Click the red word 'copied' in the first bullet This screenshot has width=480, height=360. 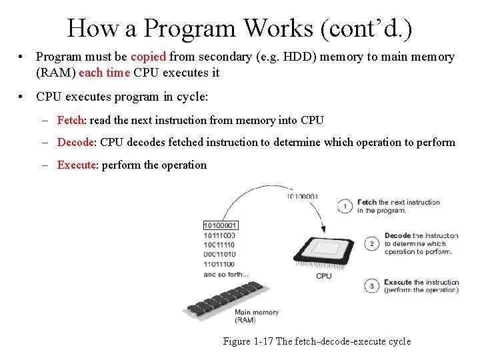coord(149,57)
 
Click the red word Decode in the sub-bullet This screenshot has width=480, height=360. coord(77,142)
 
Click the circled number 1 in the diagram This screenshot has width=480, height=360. coord(345,206)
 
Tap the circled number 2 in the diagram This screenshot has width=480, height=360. coord(372,244)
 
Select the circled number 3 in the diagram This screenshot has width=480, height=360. coord(372,286)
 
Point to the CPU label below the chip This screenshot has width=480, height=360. coord(324,276)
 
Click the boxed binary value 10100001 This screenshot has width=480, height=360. coord(220,225)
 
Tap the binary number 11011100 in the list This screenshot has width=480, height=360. coord(219,264)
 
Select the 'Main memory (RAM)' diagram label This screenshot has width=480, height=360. coord(256,316)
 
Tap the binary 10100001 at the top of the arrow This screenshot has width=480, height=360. coord(303,196)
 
